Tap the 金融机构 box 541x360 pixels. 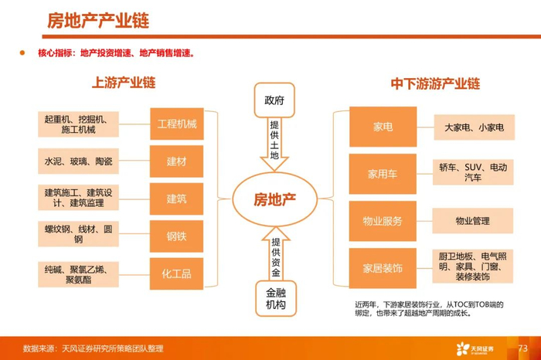(274, 297)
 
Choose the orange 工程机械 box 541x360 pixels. (177, 124)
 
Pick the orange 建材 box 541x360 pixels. (177, 161)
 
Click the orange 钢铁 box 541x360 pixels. (177, 236)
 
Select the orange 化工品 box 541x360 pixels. (177, 273)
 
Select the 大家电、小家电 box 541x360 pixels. (473, 127)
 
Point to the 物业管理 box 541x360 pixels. (473, 221)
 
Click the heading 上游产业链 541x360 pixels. (124, 82)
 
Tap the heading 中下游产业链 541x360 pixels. (435, 82)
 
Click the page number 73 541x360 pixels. (522, 348)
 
